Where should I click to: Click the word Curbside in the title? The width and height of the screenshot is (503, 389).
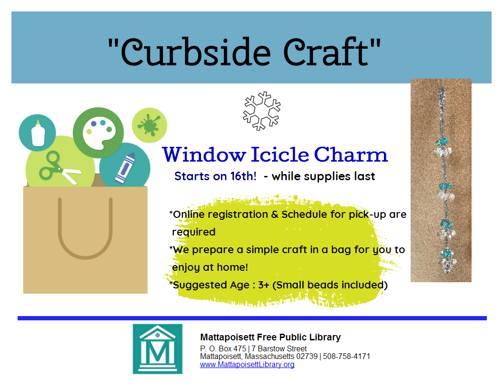(x=196, y=52)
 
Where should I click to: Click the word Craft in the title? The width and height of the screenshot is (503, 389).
(x=326, y=52)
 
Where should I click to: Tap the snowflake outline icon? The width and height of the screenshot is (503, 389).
(x=262, y=111)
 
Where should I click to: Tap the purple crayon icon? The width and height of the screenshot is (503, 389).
(x=125, y=168)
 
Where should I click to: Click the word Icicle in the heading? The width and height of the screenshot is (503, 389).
(x=280, y=155)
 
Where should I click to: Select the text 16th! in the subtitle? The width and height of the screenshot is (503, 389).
(x=243, y=176)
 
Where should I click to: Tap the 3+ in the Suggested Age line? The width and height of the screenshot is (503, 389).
(x=264, y=285)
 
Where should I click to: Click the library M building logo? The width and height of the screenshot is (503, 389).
(x=158, y=349)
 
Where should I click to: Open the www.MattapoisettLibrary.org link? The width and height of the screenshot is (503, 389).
(x=247, y=365)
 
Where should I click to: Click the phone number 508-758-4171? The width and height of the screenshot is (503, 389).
(x=346, y=357)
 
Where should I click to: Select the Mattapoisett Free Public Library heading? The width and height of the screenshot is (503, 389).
(x=270, y=338)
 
